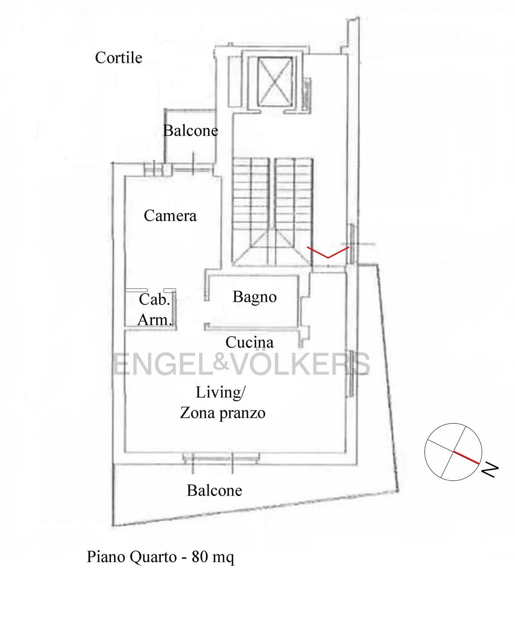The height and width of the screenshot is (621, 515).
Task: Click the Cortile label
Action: point(118,58)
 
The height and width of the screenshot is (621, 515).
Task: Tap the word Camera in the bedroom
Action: point(170,216)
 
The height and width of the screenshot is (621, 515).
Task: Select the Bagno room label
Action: point(254,297)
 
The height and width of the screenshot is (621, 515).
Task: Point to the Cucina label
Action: point(249,342)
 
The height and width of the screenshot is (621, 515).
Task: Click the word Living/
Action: point(220,392)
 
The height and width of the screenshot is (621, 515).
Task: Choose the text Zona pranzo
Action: point(222,413)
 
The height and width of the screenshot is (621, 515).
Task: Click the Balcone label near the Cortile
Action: point(191,130)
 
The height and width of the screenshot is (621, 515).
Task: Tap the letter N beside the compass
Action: point(490,470)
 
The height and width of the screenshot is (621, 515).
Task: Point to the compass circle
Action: point(425,452)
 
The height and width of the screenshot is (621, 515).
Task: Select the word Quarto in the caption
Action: point(153,557)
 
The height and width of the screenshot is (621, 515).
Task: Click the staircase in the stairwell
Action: point(272,212)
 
